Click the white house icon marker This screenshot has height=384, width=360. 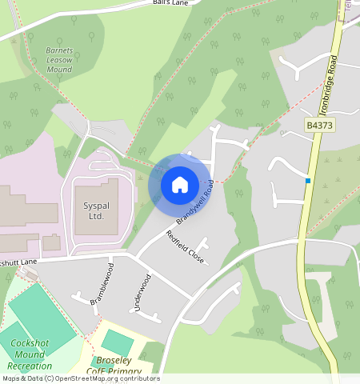coord(180,184)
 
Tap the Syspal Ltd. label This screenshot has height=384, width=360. coord(94,210)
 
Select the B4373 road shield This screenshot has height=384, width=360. coord(318,125)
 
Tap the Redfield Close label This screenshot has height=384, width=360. coord(185,248)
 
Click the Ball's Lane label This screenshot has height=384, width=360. coord(170,3)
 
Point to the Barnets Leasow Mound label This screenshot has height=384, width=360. coord(58,58)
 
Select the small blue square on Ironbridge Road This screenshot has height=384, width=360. coord(307,181)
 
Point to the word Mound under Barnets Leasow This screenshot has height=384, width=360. coord(58,68)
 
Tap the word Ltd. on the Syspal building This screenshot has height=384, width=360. coord(94,216)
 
